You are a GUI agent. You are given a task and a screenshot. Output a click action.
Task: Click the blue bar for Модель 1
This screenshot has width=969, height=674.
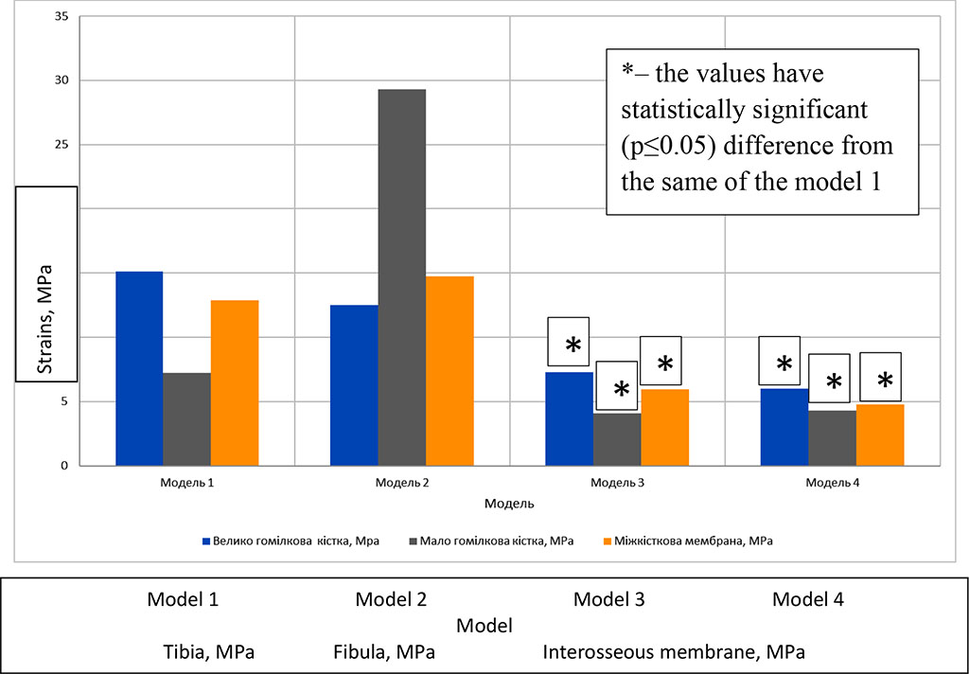(138, 368)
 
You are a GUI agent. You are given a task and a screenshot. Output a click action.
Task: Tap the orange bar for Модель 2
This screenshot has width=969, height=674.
(449, 371)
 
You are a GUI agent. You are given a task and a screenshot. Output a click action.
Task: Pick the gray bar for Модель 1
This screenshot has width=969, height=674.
(186, 419)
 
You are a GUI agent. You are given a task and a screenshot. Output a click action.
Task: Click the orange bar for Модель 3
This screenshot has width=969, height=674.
(664, 427)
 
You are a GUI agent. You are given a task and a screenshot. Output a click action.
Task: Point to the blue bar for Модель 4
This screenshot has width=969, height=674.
(784, 427)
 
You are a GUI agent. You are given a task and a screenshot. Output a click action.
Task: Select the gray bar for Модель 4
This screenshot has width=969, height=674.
(833, 437)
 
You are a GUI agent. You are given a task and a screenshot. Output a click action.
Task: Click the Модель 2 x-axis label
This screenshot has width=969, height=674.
(401, 483)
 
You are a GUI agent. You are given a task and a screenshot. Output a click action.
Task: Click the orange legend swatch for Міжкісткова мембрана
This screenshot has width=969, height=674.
(608, 541)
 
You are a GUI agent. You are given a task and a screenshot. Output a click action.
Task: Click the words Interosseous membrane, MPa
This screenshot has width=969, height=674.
(673, 652)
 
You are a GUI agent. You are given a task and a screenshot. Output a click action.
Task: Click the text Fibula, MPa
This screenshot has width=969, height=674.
(384, 652)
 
